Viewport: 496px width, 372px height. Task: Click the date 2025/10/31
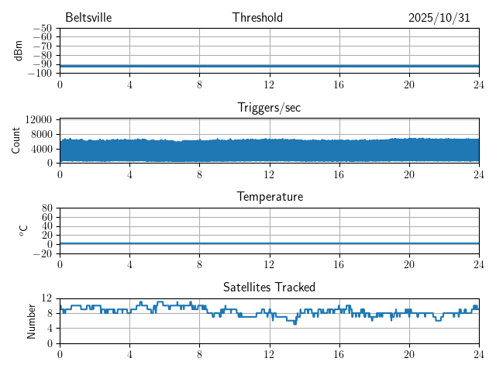(439, 18)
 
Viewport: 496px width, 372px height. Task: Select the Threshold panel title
(257, 18)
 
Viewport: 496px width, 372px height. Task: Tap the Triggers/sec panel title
(269, 108)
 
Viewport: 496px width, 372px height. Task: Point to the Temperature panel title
(269, 197)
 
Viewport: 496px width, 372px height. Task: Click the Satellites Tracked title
(269, 287)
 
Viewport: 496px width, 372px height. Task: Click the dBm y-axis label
(18, 50)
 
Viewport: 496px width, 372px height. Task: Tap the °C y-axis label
(23, 230)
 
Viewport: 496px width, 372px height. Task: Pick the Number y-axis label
(32, 320)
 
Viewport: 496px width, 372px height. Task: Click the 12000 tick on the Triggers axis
(38, 119)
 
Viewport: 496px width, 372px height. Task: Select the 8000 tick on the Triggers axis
(41, 133)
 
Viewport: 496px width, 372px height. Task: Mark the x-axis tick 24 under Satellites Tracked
(478, 353)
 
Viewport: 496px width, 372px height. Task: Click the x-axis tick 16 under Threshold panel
(339, 84)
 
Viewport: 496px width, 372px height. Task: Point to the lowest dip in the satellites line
(294, 323)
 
